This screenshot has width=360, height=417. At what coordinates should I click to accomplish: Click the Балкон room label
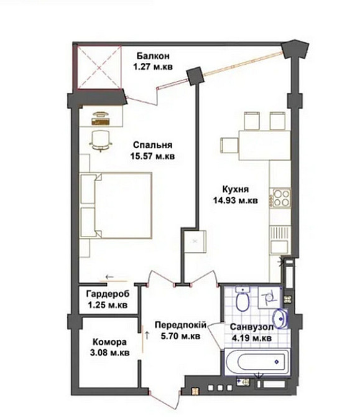click(153, 56)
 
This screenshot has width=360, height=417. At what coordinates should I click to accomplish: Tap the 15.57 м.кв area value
click(152, 156)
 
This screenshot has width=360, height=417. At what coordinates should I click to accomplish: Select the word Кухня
click(236, 189)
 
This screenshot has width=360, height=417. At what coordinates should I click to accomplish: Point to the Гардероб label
click(108, 294)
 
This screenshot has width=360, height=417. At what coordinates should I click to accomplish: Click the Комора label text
click(109, 342)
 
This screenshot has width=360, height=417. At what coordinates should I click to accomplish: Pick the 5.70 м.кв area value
click(181, 337)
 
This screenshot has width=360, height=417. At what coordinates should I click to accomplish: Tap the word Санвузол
click(252, 327)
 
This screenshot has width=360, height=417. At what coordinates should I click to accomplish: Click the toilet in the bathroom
click(242, 299)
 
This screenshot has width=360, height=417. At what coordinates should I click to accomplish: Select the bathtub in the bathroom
click(257, 362)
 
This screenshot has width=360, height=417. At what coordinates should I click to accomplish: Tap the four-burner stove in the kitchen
click(281, 198)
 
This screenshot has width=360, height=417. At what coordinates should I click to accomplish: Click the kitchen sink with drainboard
click(280, 240)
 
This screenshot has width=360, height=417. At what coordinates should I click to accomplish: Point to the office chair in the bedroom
click(101, 141)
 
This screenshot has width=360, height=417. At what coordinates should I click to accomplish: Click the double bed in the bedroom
click(116, 205)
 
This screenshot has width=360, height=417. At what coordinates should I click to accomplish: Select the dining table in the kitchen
click(265, 145)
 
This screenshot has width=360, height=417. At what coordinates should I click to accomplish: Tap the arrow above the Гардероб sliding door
click(109, 277)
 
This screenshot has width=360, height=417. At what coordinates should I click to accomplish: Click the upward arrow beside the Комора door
click(147, 335)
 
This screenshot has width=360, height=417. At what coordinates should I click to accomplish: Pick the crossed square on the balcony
click(99, 68)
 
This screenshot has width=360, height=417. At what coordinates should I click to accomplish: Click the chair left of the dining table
click(229, 145)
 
